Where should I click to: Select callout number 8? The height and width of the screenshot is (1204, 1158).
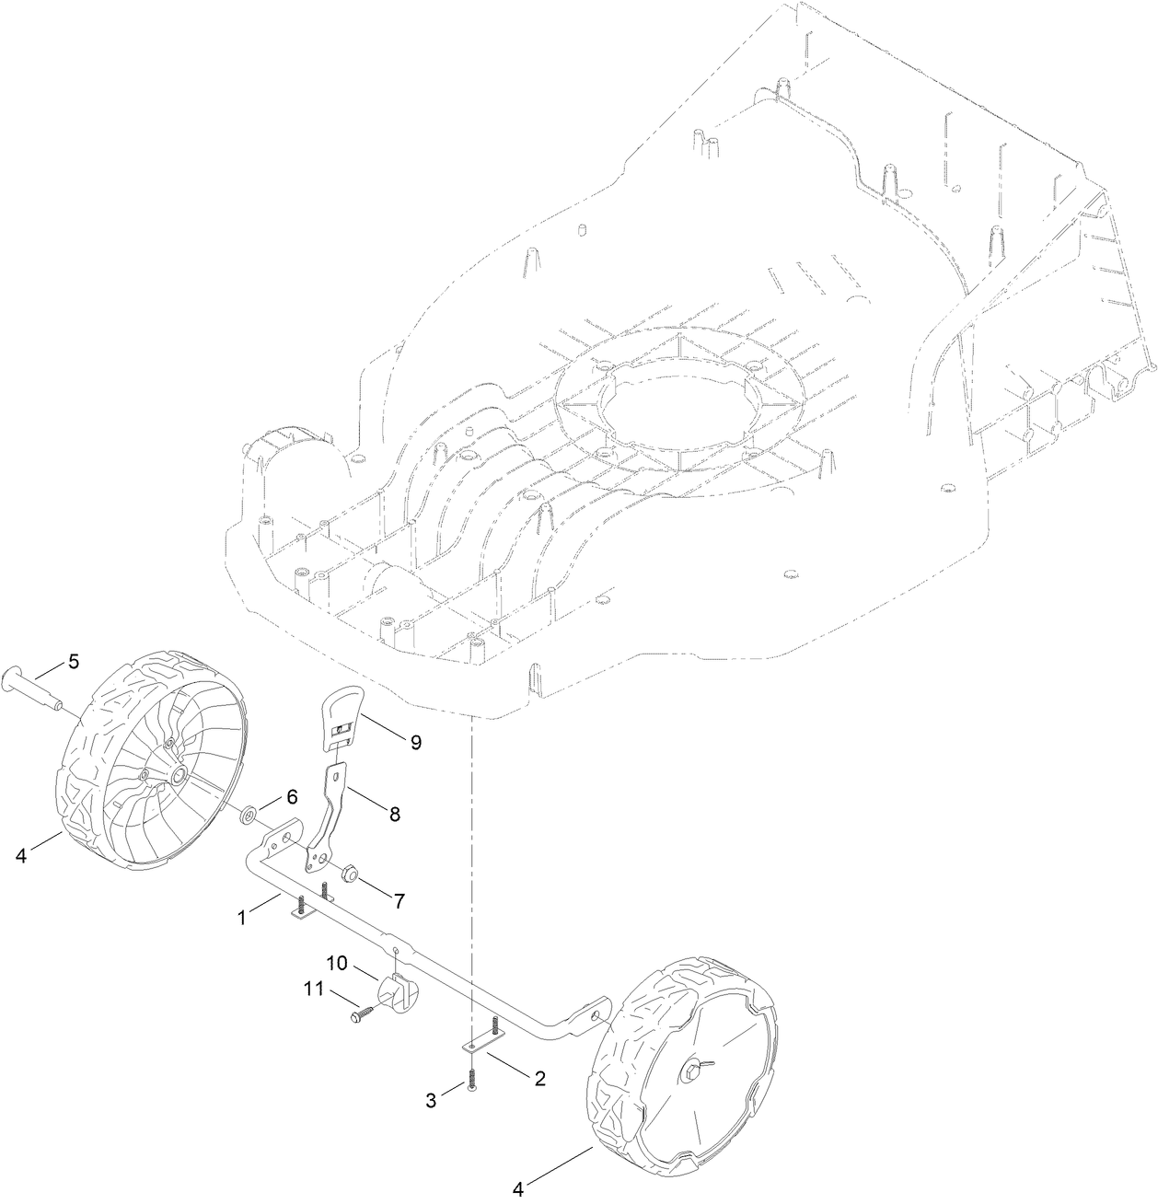click(394, 814)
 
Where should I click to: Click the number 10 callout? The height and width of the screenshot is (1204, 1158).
click(337, 963)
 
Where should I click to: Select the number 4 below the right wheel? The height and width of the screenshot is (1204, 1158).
click(518, 1189)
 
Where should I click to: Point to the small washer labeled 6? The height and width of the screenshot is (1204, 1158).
click(248, 815)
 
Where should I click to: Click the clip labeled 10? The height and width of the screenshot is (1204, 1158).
click(397, 992)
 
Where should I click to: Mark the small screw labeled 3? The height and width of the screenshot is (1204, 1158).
click(471, 1082)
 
